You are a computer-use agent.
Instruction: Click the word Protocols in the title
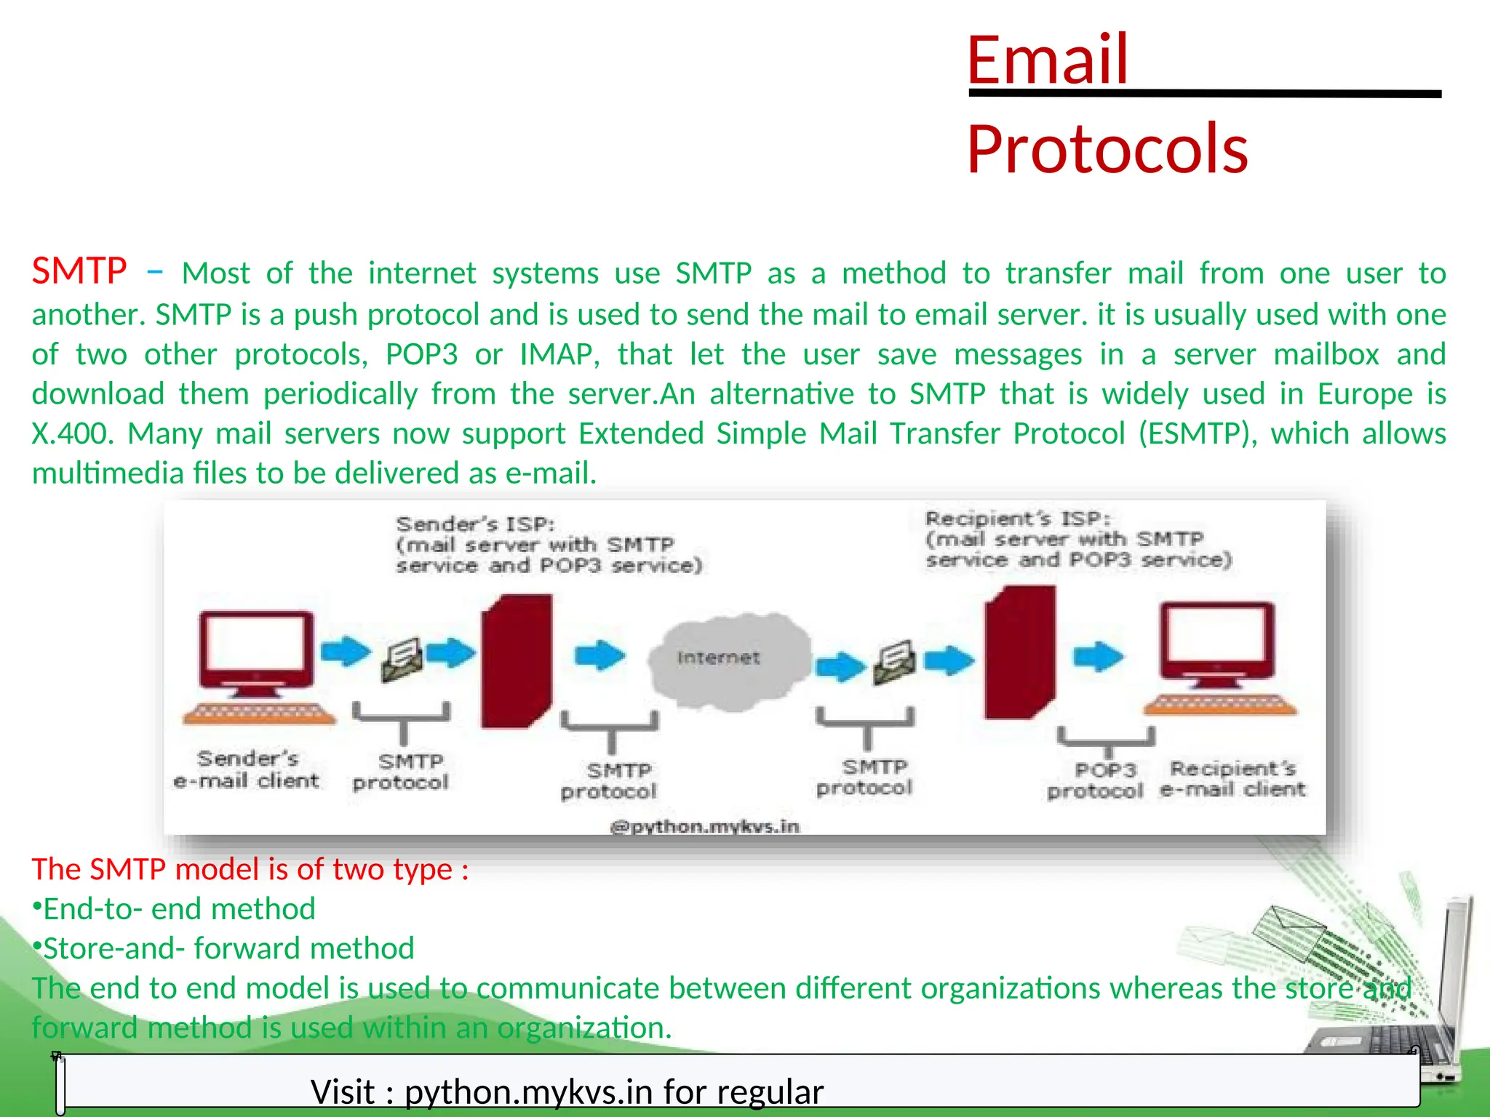[1107, 149]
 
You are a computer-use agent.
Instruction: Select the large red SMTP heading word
[79, 271]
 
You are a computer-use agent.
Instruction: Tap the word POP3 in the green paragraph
[421, 355]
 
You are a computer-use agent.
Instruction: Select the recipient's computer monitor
[1216, 640]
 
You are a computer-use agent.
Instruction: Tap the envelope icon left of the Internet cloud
[402, 658]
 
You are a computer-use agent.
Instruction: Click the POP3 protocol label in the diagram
[1095, 780]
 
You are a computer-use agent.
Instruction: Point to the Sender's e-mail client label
[247, 769]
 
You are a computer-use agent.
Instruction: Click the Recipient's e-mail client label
[1232, 779]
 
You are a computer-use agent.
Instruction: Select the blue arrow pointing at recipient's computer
[1098, 656]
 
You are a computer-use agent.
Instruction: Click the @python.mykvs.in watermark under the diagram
[704, 827]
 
